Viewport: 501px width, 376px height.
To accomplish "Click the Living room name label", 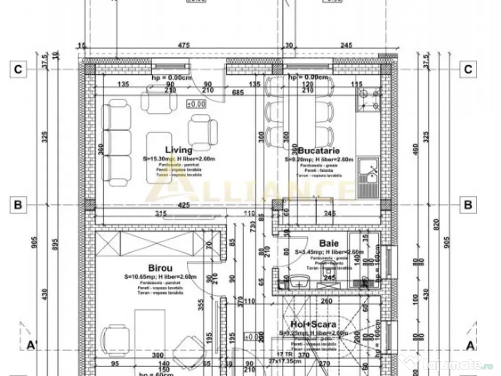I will [x=179, y=150].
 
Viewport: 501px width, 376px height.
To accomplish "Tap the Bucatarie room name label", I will [x=319, y=151].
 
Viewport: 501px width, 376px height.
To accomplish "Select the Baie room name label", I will [x=329, y=243].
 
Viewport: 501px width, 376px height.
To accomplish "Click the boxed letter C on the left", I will [x=18, y=70].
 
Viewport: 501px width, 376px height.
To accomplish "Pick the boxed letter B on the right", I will [x=468, y=205].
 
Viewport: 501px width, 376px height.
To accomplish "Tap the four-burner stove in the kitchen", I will [x=369, y=100].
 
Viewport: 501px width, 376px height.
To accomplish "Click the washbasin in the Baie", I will [x=298, y=282].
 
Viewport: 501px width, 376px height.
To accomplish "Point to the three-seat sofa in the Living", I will [x=117, y=142].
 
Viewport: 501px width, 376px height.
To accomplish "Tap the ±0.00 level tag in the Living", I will [x=196, y=104].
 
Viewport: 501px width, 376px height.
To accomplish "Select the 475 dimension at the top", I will [x=184, y=46].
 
